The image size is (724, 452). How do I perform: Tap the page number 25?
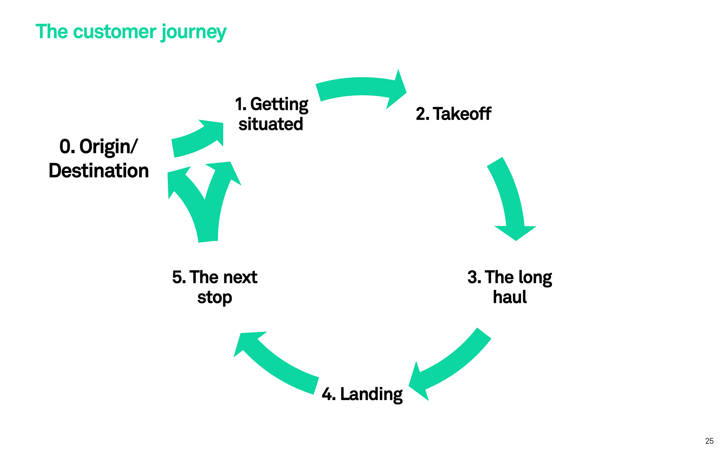point(709,441)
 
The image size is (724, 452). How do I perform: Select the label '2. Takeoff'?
point(453,114)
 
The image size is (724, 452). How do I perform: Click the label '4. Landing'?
point(362,394)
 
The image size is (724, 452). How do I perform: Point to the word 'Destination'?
point(99,171)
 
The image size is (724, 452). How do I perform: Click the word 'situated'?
point(271,124)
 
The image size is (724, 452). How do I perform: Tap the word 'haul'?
point(510,297)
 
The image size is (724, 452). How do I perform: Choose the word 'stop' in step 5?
point(215,298)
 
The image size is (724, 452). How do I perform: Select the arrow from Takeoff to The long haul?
point(509,196)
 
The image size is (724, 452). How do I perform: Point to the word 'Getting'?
point(279,104)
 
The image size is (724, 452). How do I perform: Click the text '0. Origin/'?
point(99,147)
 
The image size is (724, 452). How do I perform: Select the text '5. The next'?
point(215,277)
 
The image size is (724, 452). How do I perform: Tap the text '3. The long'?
point(510,278)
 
